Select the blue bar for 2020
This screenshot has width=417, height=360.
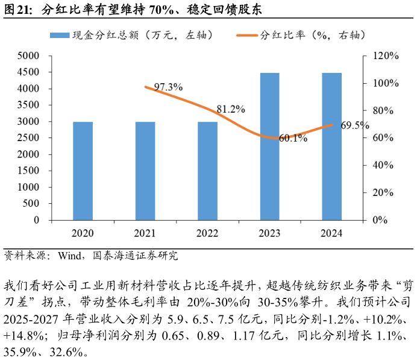pyautogui.click(x=83, y=171)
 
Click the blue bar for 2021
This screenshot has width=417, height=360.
pyautogui.click(x=145, y=171)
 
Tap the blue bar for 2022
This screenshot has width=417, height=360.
pyautogui.click(x=207, y=171)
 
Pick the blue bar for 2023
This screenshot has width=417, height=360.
pyautogui.click(x=269, y=147)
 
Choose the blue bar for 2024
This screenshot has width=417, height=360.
pyautogui.click(x=332, y=147)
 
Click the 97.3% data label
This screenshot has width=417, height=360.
pyautogui.click(x=168, y=87)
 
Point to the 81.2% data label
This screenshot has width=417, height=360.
pyautogui.click(x=231, y=110)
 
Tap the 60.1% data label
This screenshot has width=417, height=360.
pyautogui.click(x=293, y=138)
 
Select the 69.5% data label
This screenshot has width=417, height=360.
pyautogui.click(x=355, y=125)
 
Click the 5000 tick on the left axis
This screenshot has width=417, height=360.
pyautogui.click(x=28, y=56)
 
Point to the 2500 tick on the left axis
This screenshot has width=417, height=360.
pyautogui.click(x=28, y=138)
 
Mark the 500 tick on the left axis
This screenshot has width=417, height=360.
pyautogui.click(x=31, y=204)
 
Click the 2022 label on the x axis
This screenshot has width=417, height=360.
pyautogui.click(x=207, y=234)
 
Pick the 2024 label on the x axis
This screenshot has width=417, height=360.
pyautogui.click(x=332, y=234)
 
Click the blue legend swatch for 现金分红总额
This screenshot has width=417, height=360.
pyautogui.click(x=60, y=36)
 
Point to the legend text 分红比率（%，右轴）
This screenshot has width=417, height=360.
pyautogui.click(x=313, y=36)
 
